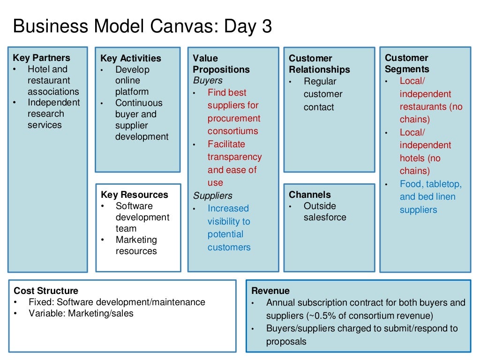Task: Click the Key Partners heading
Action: pyautogui.click(x=41, y=58)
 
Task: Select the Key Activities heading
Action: pyautogui.click(x=130, y=58)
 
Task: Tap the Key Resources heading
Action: pyautogui.click(x=134, y=195)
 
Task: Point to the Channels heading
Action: pyautogui.click(x=309, y=195)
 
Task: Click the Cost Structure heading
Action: pyautogui.click(x=46, y=291)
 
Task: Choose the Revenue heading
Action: pyautogui.click(x=270, y=291)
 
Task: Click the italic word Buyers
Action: pyautogui.click(x=208, y=80)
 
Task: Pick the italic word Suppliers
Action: pyautogui.click(x=212, y=195)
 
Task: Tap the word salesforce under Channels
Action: pyautogui.click(x=325, y=217)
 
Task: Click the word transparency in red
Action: pyautogui.click(x=234, y=157)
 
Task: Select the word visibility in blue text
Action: pyautogui.click(x=229, y=221)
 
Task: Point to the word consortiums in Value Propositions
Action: pyautogui.click(x=232, y=131)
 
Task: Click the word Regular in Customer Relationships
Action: pyautogui.click(x=320, y=81)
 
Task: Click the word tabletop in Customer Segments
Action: pyautogui.click(x=443, y=184)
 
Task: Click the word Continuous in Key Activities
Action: pyautogui.click(x=139, y=103)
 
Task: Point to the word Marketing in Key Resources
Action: pyautogui.click(x=136, y=240)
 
